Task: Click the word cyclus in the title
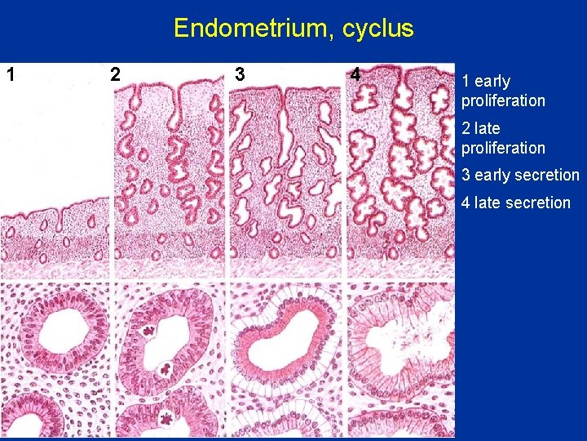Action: [378, 29]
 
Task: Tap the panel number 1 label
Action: [11, 74]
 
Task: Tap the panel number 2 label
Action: [115, 74]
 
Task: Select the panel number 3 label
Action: [239, 74]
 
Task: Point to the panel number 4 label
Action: [355, 74]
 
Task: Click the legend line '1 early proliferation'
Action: [502, 91]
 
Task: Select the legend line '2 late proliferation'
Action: [502, 138]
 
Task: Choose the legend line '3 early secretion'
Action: [520, 175]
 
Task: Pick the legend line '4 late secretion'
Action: [515, 203]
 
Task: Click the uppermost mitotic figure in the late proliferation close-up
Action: [149, 332]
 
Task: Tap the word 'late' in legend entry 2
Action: [488, 128]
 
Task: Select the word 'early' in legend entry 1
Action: [492, 81]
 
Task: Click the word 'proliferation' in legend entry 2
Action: [502, 148]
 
